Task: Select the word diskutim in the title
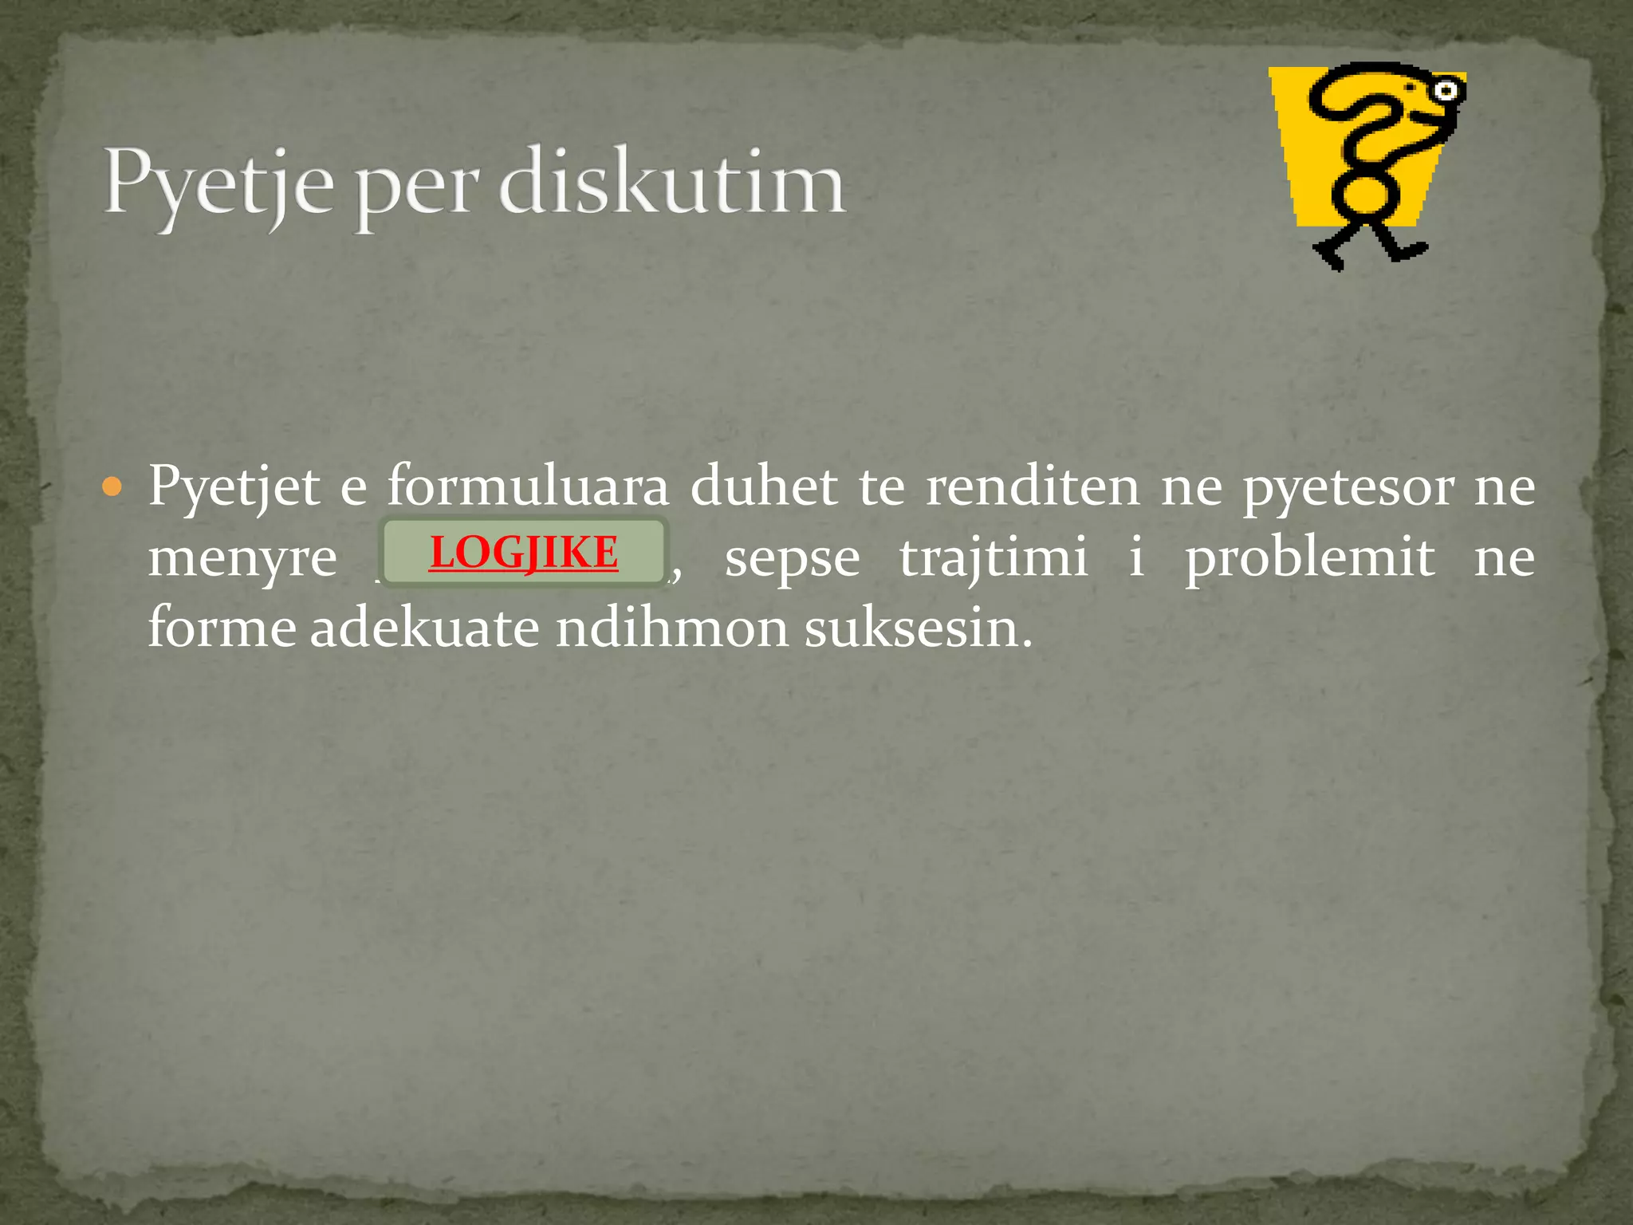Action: [x=671, y=182]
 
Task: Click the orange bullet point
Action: [x=113, y=486]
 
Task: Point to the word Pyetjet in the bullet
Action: [x=234, y=487]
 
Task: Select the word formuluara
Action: [x=528, y=486]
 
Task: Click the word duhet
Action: [x=764, y=486]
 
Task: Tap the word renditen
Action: [x=1033, y=486]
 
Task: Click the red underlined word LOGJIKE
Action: [x=524, y=552]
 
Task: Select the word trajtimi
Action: [x=994, y=557]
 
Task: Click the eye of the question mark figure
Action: [x=1446, y=91]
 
